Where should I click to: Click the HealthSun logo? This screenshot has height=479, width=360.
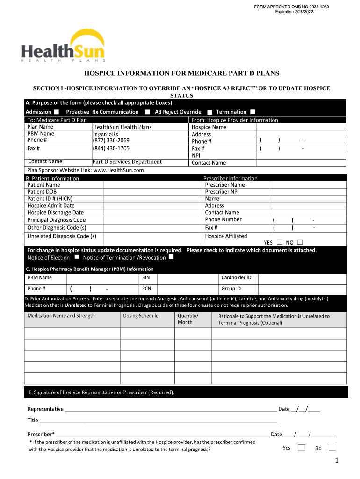tap(63, 46)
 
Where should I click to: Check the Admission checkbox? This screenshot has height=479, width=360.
tap(57, 112)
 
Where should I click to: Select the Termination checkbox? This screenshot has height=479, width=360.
tap(253, 112)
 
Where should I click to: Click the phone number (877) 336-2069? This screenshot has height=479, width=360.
tap(111, 140)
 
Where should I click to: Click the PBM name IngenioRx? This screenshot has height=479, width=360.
tap(106, 134)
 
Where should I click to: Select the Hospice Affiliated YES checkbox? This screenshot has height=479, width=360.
tap(280, 242)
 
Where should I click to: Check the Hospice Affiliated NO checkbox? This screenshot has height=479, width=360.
tap(300, 242)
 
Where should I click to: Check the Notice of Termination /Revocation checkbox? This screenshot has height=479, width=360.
tap(171, 257)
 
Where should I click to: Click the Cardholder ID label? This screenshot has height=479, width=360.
tap(236, 277)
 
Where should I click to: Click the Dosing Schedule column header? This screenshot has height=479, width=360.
tap(141, 316)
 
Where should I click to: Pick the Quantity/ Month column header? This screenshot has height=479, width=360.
tap(188, 319)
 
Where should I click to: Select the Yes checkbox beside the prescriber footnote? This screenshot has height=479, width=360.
tap(302, 448)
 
